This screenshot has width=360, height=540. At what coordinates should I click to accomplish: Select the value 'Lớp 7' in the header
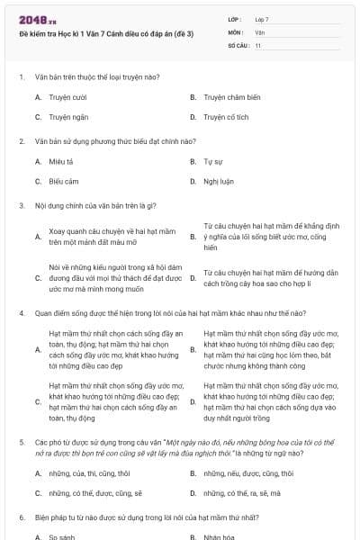point(261,19)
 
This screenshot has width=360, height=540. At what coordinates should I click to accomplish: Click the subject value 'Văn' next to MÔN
point(259,31)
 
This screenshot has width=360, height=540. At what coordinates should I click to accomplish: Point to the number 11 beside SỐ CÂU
point(258,44)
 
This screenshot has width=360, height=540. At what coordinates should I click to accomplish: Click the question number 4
point(21,313)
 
